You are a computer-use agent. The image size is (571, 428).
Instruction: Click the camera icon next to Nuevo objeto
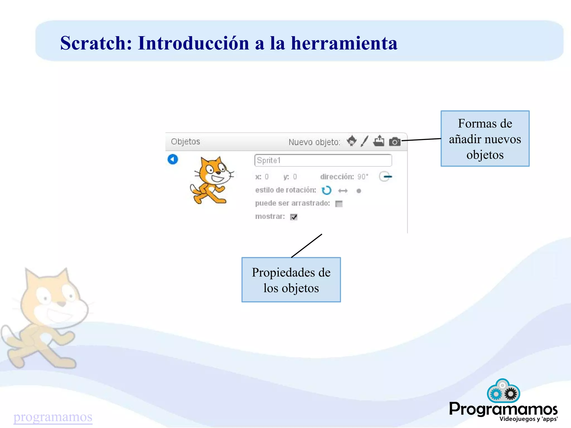click(395, 142)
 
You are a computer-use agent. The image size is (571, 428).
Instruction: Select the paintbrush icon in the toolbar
click(364, 141)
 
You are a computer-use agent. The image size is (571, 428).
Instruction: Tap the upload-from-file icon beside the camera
click(379, 141)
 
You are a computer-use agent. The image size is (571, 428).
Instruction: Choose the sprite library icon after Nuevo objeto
click(352, 141)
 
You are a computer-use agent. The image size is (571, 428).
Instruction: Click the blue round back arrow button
click(173, 159)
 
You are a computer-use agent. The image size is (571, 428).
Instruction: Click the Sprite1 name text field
click(323, 160)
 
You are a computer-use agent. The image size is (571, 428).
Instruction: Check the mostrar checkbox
click(294, 217)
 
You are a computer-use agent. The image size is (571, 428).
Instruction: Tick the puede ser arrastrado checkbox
click(339, 204)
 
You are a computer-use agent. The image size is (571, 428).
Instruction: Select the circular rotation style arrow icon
click(326, 190)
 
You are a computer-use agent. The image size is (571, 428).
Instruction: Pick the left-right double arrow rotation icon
click(343, 191)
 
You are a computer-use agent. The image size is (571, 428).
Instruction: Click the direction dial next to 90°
click(385, 177)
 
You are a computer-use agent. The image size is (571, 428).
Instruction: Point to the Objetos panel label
click(185, 141)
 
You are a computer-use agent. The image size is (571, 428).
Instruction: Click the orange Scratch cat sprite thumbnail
click(212, 180)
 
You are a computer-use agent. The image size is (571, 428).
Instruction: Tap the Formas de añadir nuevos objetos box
click(485, 139)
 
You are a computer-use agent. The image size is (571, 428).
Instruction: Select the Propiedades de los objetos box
click(291, 280)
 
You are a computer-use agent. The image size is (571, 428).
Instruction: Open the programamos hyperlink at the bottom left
click(53, 417)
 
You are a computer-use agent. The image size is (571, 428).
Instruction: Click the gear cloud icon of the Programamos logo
click(503, 391)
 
